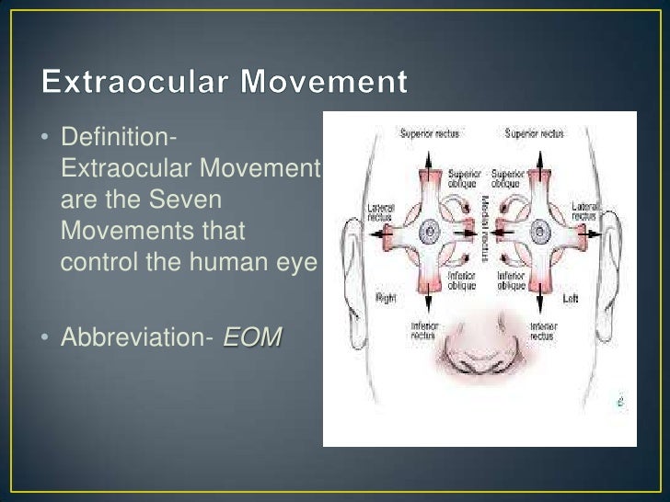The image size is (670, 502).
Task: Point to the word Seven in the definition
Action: [181, 200]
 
